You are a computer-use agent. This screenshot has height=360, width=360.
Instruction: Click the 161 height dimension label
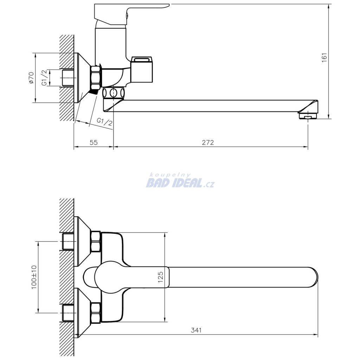click(324, 58)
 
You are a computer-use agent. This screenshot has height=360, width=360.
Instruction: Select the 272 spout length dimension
click(208, 143)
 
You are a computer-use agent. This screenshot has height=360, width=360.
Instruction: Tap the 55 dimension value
click(94, 143)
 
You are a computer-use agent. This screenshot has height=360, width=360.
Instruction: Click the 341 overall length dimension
click(196, 330)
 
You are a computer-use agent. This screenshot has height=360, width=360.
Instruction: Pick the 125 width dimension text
click(160, 277)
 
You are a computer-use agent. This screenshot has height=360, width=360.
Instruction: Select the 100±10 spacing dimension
click(34, 277)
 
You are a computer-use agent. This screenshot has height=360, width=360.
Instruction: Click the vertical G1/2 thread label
click(44, 78)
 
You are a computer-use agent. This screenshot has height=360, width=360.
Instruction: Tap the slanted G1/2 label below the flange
click(105, 122)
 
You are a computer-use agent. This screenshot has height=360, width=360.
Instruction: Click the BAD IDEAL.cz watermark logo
click(180, 184)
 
